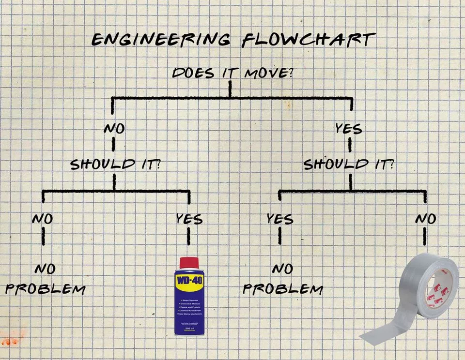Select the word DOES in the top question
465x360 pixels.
tap(192, 74)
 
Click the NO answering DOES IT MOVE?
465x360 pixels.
tap(114, 129)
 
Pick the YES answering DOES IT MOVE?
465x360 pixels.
tap(349, 129)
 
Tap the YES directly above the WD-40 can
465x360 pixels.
tap(189, 219)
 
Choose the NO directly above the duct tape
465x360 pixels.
tap(426, 219)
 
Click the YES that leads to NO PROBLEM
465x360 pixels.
tap(280, 219)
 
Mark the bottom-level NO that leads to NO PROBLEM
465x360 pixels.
tap(43, 219)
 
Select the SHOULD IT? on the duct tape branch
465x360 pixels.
tap(349, 164)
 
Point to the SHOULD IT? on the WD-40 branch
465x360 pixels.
tap(115, 164)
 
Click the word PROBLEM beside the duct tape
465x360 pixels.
tap(283, 289)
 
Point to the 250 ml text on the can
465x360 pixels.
tap(189, 328)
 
